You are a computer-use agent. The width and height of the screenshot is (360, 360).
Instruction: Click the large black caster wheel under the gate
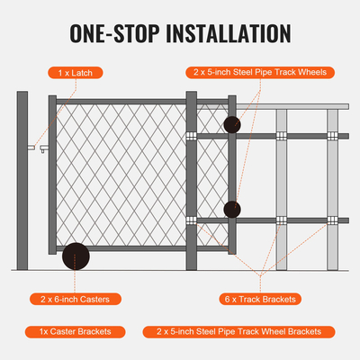coord(75,257)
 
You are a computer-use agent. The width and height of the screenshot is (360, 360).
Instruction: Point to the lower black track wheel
coord(232,209)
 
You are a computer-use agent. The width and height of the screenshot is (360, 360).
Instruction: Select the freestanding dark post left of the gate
coord(22,180)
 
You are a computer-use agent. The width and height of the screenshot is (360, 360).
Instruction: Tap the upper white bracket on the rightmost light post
coord(332,136)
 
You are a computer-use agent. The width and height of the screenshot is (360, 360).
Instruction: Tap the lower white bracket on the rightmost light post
coord(332,220)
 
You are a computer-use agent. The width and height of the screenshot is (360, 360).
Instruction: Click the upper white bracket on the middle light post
coord(282,136)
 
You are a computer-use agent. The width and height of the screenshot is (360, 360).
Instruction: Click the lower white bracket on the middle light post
coord(282,220)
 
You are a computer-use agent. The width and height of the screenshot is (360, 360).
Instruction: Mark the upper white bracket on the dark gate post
coord(191,136)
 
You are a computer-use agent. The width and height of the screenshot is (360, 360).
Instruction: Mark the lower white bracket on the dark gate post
coord(191,220)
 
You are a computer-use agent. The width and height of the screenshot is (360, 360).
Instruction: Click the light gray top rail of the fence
coord(297,105)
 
